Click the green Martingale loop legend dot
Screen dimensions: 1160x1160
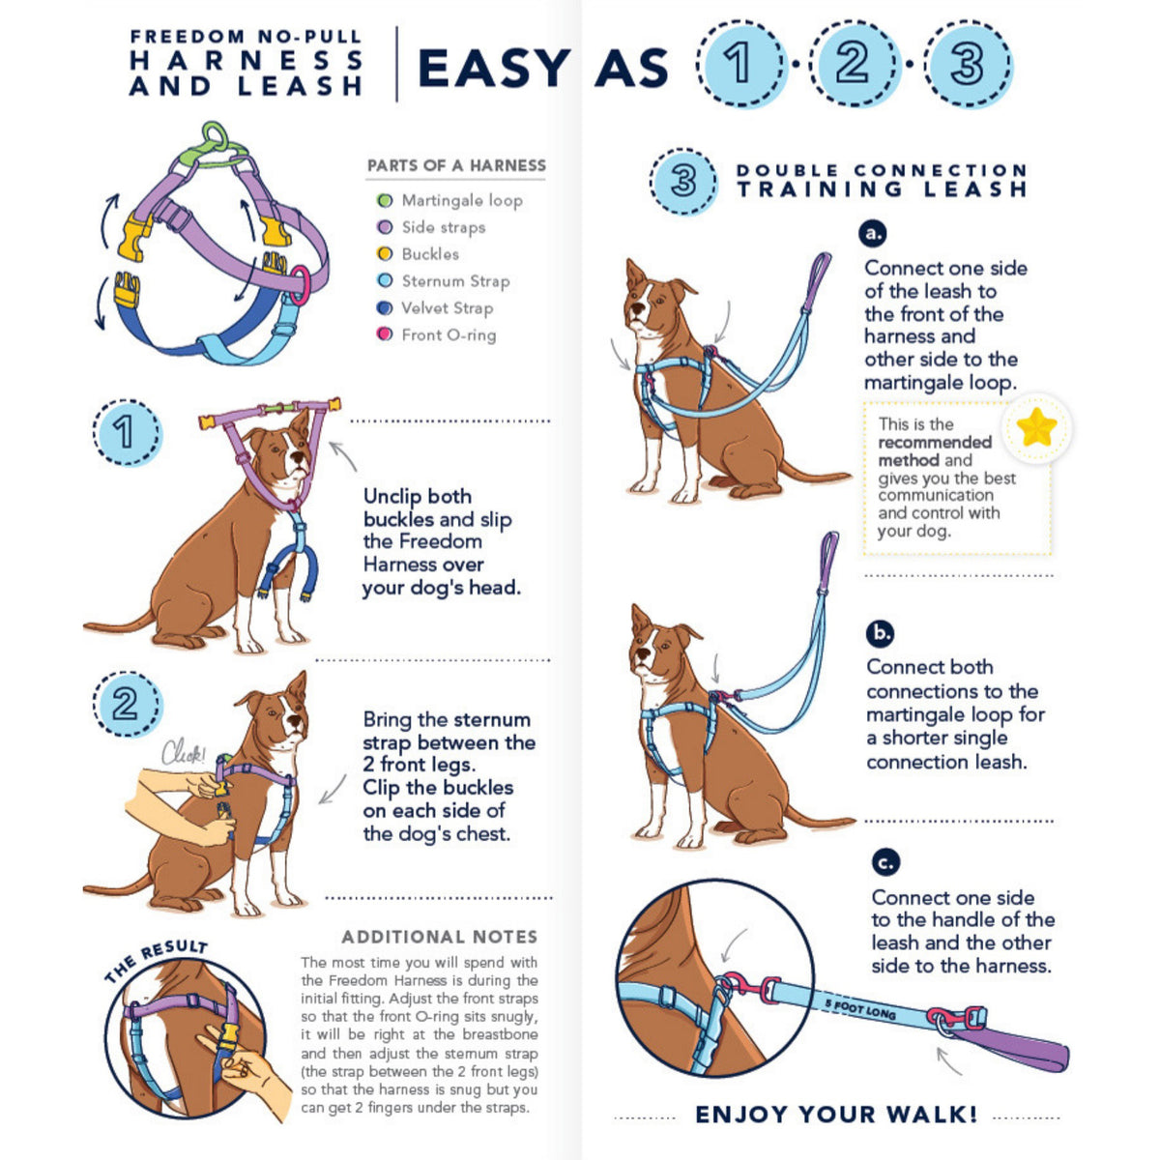click(385, 201)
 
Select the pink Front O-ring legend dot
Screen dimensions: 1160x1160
click(385, 335)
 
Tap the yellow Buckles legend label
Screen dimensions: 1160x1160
click(430, 254)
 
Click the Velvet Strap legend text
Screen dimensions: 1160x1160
click(447, 308)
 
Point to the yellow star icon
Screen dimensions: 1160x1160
click(1036, 426)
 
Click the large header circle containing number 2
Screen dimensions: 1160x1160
click(852, 65)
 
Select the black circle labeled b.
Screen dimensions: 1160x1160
click(880, 633)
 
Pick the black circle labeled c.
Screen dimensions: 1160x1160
click(884, 861)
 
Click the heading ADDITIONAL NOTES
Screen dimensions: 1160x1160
click(439, 937)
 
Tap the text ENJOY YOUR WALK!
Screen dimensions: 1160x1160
click(836, 1115)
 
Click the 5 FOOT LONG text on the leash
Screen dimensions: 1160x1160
click(859, 1009)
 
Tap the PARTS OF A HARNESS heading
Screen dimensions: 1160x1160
click(456, 165)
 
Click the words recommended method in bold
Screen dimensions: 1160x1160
click(934, 451)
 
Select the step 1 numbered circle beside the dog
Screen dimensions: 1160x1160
click(126, 432)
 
